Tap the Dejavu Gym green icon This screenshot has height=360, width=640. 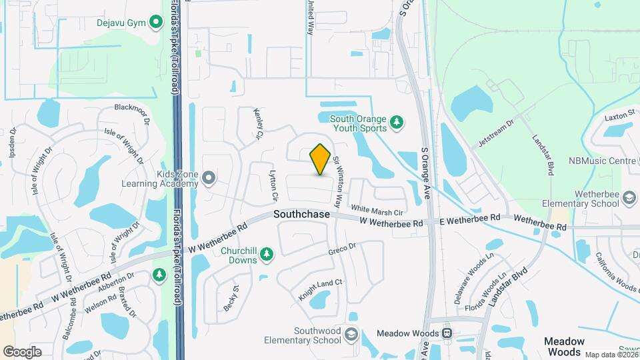(x=156, y=23)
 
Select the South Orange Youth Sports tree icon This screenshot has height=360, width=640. (x=397, y=122)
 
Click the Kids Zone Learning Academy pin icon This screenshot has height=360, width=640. (x=209, y=177)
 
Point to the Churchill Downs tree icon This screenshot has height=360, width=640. (x=266, y=253)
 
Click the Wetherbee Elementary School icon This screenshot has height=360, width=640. (x=628, y=198)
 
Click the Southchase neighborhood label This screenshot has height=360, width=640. (x=301, y=215)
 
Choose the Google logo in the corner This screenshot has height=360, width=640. (x=22, y=351)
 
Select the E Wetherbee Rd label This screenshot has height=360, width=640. (x=470, y=218)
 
